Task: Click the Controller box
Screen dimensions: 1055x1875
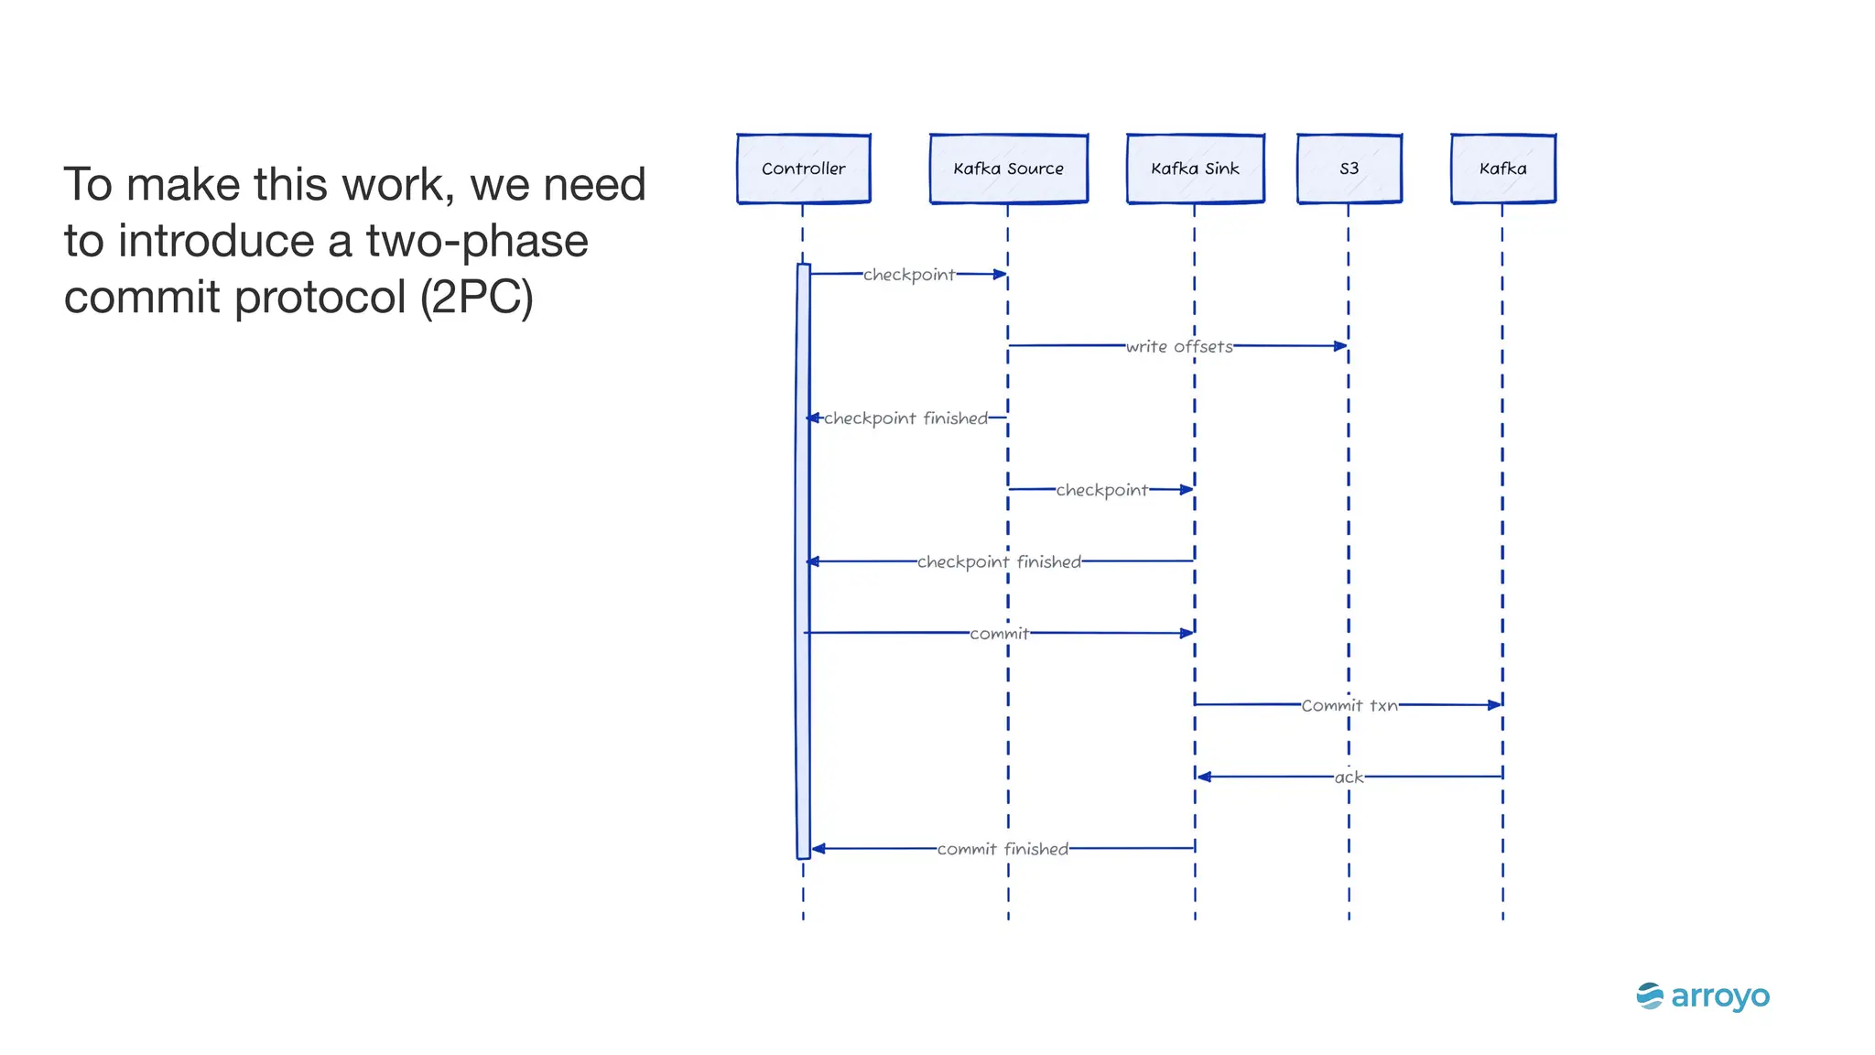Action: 803,169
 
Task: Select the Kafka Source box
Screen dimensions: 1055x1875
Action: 1008,169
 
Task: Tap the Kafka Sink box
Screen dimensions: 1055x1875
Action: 1195,169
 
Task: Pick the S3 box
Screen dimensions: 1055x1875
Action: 1349,169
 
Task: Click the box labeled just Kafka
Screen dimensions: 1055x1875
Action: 1502,169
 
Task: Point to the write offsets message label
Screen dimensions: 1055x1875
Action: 1179,346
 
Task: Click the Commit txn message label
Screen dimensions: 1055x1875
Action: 1349,705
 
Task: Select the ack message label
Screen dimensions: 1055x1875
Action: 1349,777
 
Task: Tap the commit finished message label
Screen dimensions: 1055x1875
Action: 1003,849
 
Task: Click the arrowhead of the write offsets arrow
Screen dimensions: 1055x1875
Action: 1341,346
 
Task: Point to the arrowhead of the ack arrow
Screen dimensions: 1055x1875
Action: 1204,777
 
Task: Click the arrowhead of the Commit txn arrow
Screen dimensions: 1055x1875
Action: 1495,705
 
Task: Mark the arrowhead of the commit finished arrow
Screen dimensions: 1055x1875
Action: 818,849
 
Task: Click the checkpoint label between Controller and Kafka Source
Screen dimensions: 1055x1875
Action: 909,275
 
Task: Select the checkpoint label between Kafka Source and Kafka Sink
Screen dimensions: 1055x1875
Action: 1101,490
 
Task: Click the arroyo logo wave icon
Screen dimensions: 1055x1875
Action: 1650,995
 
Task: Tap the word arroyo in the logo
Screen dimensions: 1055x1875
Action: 1720,996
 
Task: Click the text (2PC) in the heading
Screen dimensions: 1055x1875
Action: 477,297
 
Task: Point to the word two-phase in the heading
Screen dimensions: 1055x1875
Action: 477,241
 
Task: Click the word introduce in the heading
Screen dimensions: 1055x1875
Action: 217,241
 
